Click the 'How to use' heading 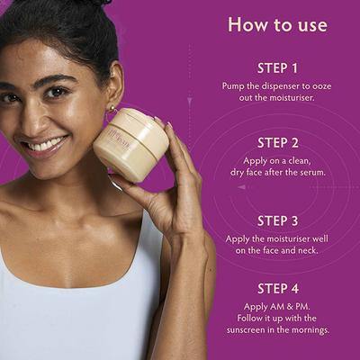click(x=276, y=24)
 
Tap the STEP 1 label click(x=277, y=68)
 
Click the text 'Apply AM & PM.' click(x=277, y=306)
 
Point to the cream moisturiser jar click(x=130, y=144)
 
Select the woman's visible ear click(x=116, y=90)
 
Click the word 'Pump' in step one click(x=236, y=86)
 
